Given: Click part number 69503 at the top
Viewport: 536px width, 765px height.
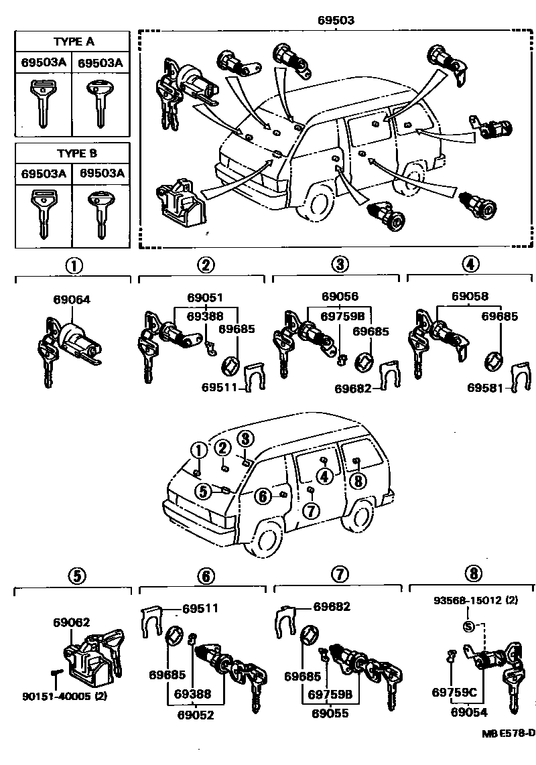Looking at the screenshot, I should [x=336, y=21].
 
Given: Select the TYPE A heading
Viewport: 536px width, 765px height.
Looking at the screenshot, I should [x=75, y=41].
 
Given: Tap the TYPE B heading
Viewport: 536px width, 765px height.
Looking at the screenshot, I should [x=75, y=153].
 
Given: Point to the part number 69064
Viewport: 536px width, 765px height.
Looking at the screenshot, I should [x=71, y=301].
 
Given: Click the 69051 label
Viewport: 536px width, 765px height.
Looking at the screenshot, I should [x=206, y=297].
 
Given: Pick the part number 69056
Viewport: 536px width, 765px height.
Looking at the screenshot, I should [x=339, y=297].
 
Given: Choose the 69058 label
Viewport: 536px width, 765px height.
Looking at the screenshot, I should [x=470, y=297].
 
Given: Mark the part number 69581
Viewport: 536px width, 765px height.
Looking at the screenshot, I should [x=486, y=388].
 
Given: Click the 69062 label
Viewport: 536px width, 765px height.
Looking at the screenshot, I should [x=72, y=622].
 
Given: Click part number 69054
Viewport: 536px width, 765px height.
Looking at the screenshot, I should [x=468, y=713].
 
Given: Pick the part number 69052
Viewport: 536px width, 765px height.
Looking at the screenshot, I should [x=195, y=714].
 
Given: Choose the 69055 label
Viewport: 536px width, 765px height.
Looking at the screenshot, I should [x=330, y=714].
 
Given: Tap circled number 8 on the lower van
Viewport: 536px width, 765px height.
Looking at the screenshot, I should [x=358, y=480].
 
